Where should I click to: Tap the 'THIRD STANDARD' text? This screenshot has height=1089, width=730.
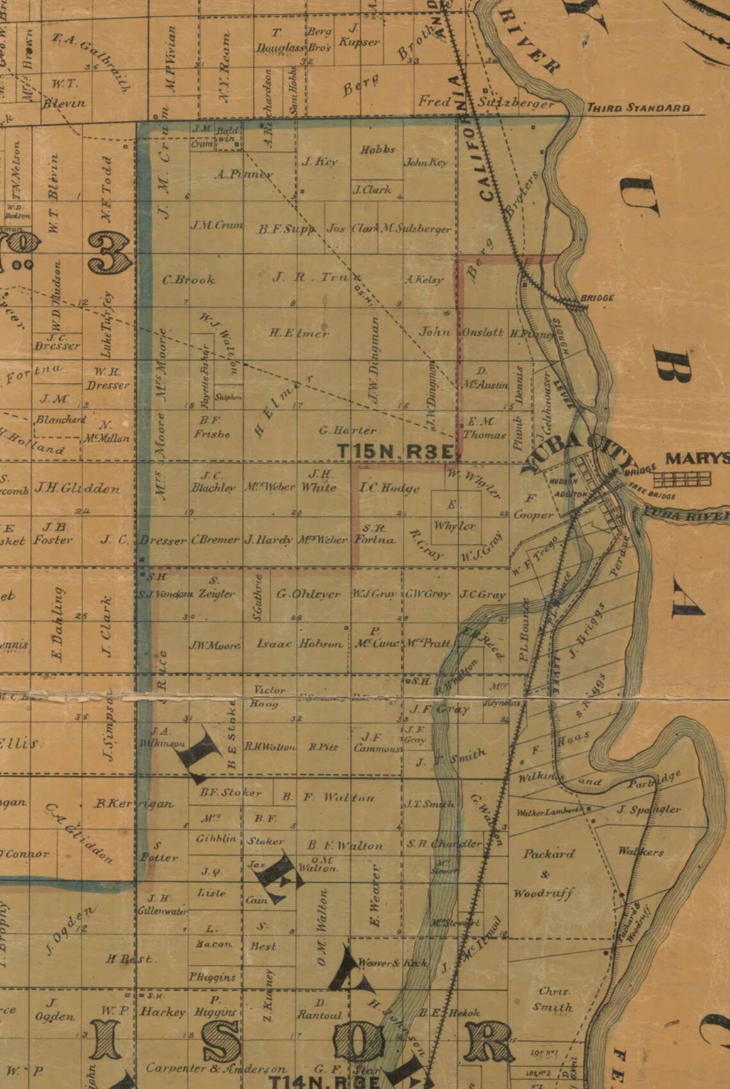pyautogui.click(x=638, y=108)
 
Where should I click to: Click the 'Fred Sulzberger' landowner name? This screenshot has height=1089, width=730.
pyautogui.click(x=485, y=102)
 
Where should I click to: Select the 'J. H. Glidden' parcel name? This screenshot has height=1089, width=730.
pyautogui.click(x=77, y=489)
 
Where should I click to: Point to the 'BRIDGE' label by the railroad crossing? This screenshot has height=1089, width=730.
pyautogui.click(x=597, y=298)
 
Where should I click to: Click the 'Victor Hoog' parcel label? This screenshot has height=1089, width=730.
pyautogui.click(x=268, y=696)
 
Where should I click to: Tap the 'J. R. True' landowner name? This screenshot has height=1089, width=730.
pyautogui.click(x=314, y=277)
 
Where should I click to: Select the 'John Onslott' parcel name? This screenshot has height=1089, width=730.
pyautogui.click(x=461, y=332)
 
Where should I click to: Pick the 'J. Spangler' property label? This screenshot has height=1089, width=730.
pyautogui.click(x=648, y=810)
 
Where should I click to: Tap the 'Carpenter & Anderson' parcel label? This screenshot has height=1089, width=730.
pyautogui.click(x=216, y=1069)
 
